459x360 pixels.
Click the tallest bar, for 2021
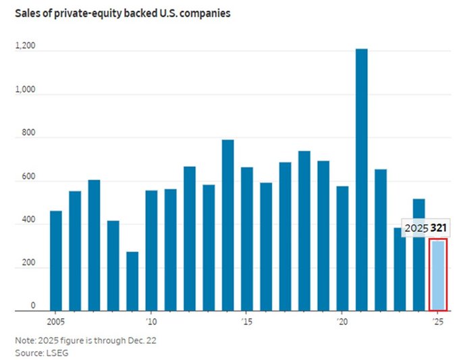[361, 180]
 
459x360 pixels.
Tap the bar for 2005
[56, 261]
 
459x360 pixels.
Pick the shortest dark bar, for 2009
[132, 281]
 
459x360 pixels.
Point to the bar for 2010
[151, 251]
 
